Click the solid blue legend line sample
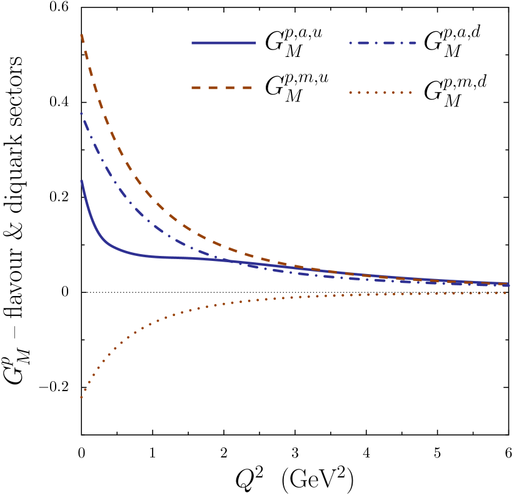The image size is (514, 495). [224, 43]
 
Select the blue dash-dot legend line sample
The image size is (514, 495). [383, 43]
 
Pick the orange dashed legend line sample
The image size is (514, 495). [222, 88]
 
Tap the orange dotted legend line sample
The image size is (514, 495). [380, 92]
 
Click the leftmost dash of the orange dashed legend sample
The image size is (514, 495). [196, 88]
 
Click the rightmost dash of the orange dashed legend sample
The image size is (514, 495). [248, 88]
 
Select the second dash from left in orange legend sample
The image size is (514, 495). [213, 88]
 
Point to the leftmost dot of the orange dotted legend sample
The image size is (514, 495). [350, 92]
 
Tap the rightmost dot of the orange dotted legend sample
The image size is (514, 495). [410, 92]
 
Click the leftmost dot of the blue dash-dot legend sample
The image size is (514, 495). [350, 43]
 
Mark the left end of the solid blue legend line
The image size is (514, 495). [192, 43]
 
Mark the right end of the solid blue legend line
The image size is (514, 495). [256, 43]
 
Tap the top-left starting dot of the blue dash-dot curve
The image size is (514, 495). [81, 114]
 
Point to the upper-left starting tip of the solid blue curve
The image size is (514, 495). [81, 181]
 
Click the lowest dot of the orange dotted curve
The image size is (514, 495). [81, 397]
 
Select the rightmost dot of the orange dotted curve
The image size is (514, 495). [505, 293]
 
